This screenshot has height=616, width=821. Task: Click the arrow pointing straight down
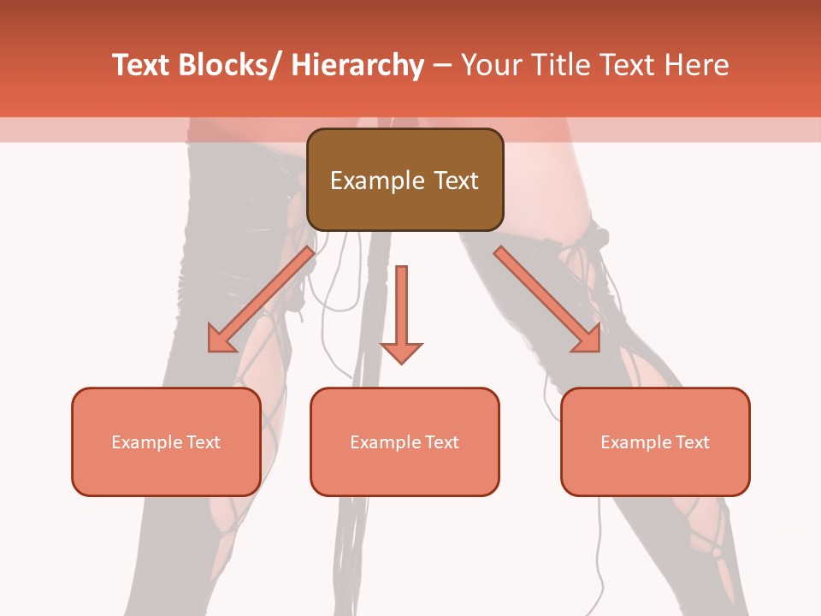point(401,312)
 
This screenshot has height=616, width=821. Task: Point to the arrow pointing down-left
point(261,300)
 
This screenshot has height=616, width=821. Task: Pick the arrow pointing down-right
point(547,299)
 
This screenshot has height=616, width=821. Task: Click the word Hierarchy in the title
point(357,65)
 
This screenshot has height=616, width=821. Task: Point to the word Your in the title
point(492,65)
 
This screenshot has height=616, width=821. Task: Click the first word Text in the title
point(140,65)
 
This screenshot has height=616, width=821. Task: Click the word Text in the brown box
point(456,181)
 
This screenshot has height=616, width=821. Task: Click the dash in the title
point(442,65)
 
